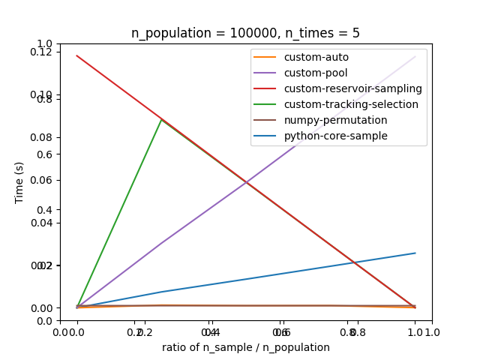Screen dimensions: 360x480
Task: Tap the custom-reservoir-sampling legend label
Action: (352, 88)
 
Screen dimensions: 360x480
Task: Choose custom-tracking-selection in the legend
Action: (351, 104)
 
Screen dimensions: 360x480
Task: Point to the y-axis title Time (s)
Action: (19, 182)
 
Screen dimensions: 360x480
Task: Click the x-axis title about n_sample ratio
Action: (246, 347)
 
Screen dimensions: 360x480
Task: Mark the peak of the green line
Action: (161, 118)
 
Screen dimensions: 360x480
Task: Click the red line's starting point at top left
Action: (76, 55)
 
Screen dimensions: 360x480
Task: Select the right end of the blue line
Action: (415, 253)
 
